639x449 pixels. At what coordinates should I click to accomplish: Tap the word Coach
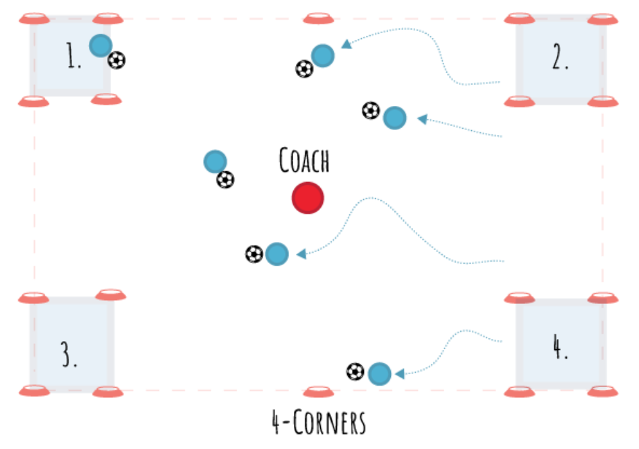pos(304,161)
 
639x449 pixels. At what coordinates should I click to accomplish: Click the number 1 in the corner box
pos(73,59)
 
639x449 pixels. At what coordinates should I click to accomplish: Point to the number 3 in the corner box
pos(69,355)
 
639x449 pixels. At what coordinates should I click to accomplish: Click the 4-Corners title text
pos(319,423)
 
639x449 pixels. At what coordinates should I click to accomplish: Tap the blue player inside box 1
pos(100,46)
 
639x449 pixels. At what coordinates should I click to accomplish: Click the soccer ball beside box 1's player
pos(117,61)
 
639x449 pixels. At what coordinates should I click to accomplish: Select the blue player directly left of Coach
pos(214,162)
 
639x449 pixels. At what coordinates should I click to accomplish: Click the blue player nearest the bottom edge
pos(379,373)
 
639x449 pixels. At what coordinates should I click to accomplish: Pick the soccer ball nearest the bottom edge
pos(355,371)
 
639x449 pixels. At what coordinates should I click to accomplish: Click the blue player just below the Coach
pos(276,254)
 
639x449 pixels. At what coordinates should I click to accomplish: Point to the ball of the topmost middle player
pos(304,68)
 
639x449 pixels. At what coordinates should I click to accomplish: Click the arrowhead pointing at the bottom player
pos(398,373)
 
